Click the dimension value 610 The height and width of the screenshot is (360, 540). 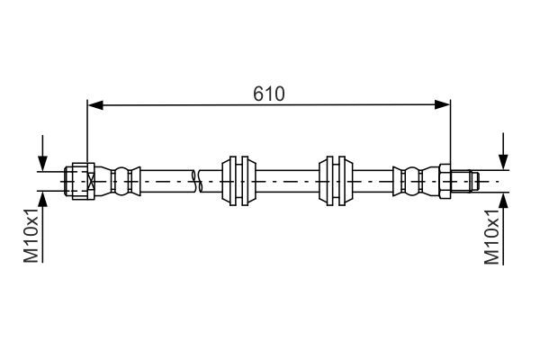(x=268, y=93)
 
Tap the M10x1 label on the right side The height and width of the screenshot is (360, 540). (x=491, y=238)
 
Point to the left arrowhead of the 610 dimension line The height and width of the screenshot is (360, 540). (x=94, y=105)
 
